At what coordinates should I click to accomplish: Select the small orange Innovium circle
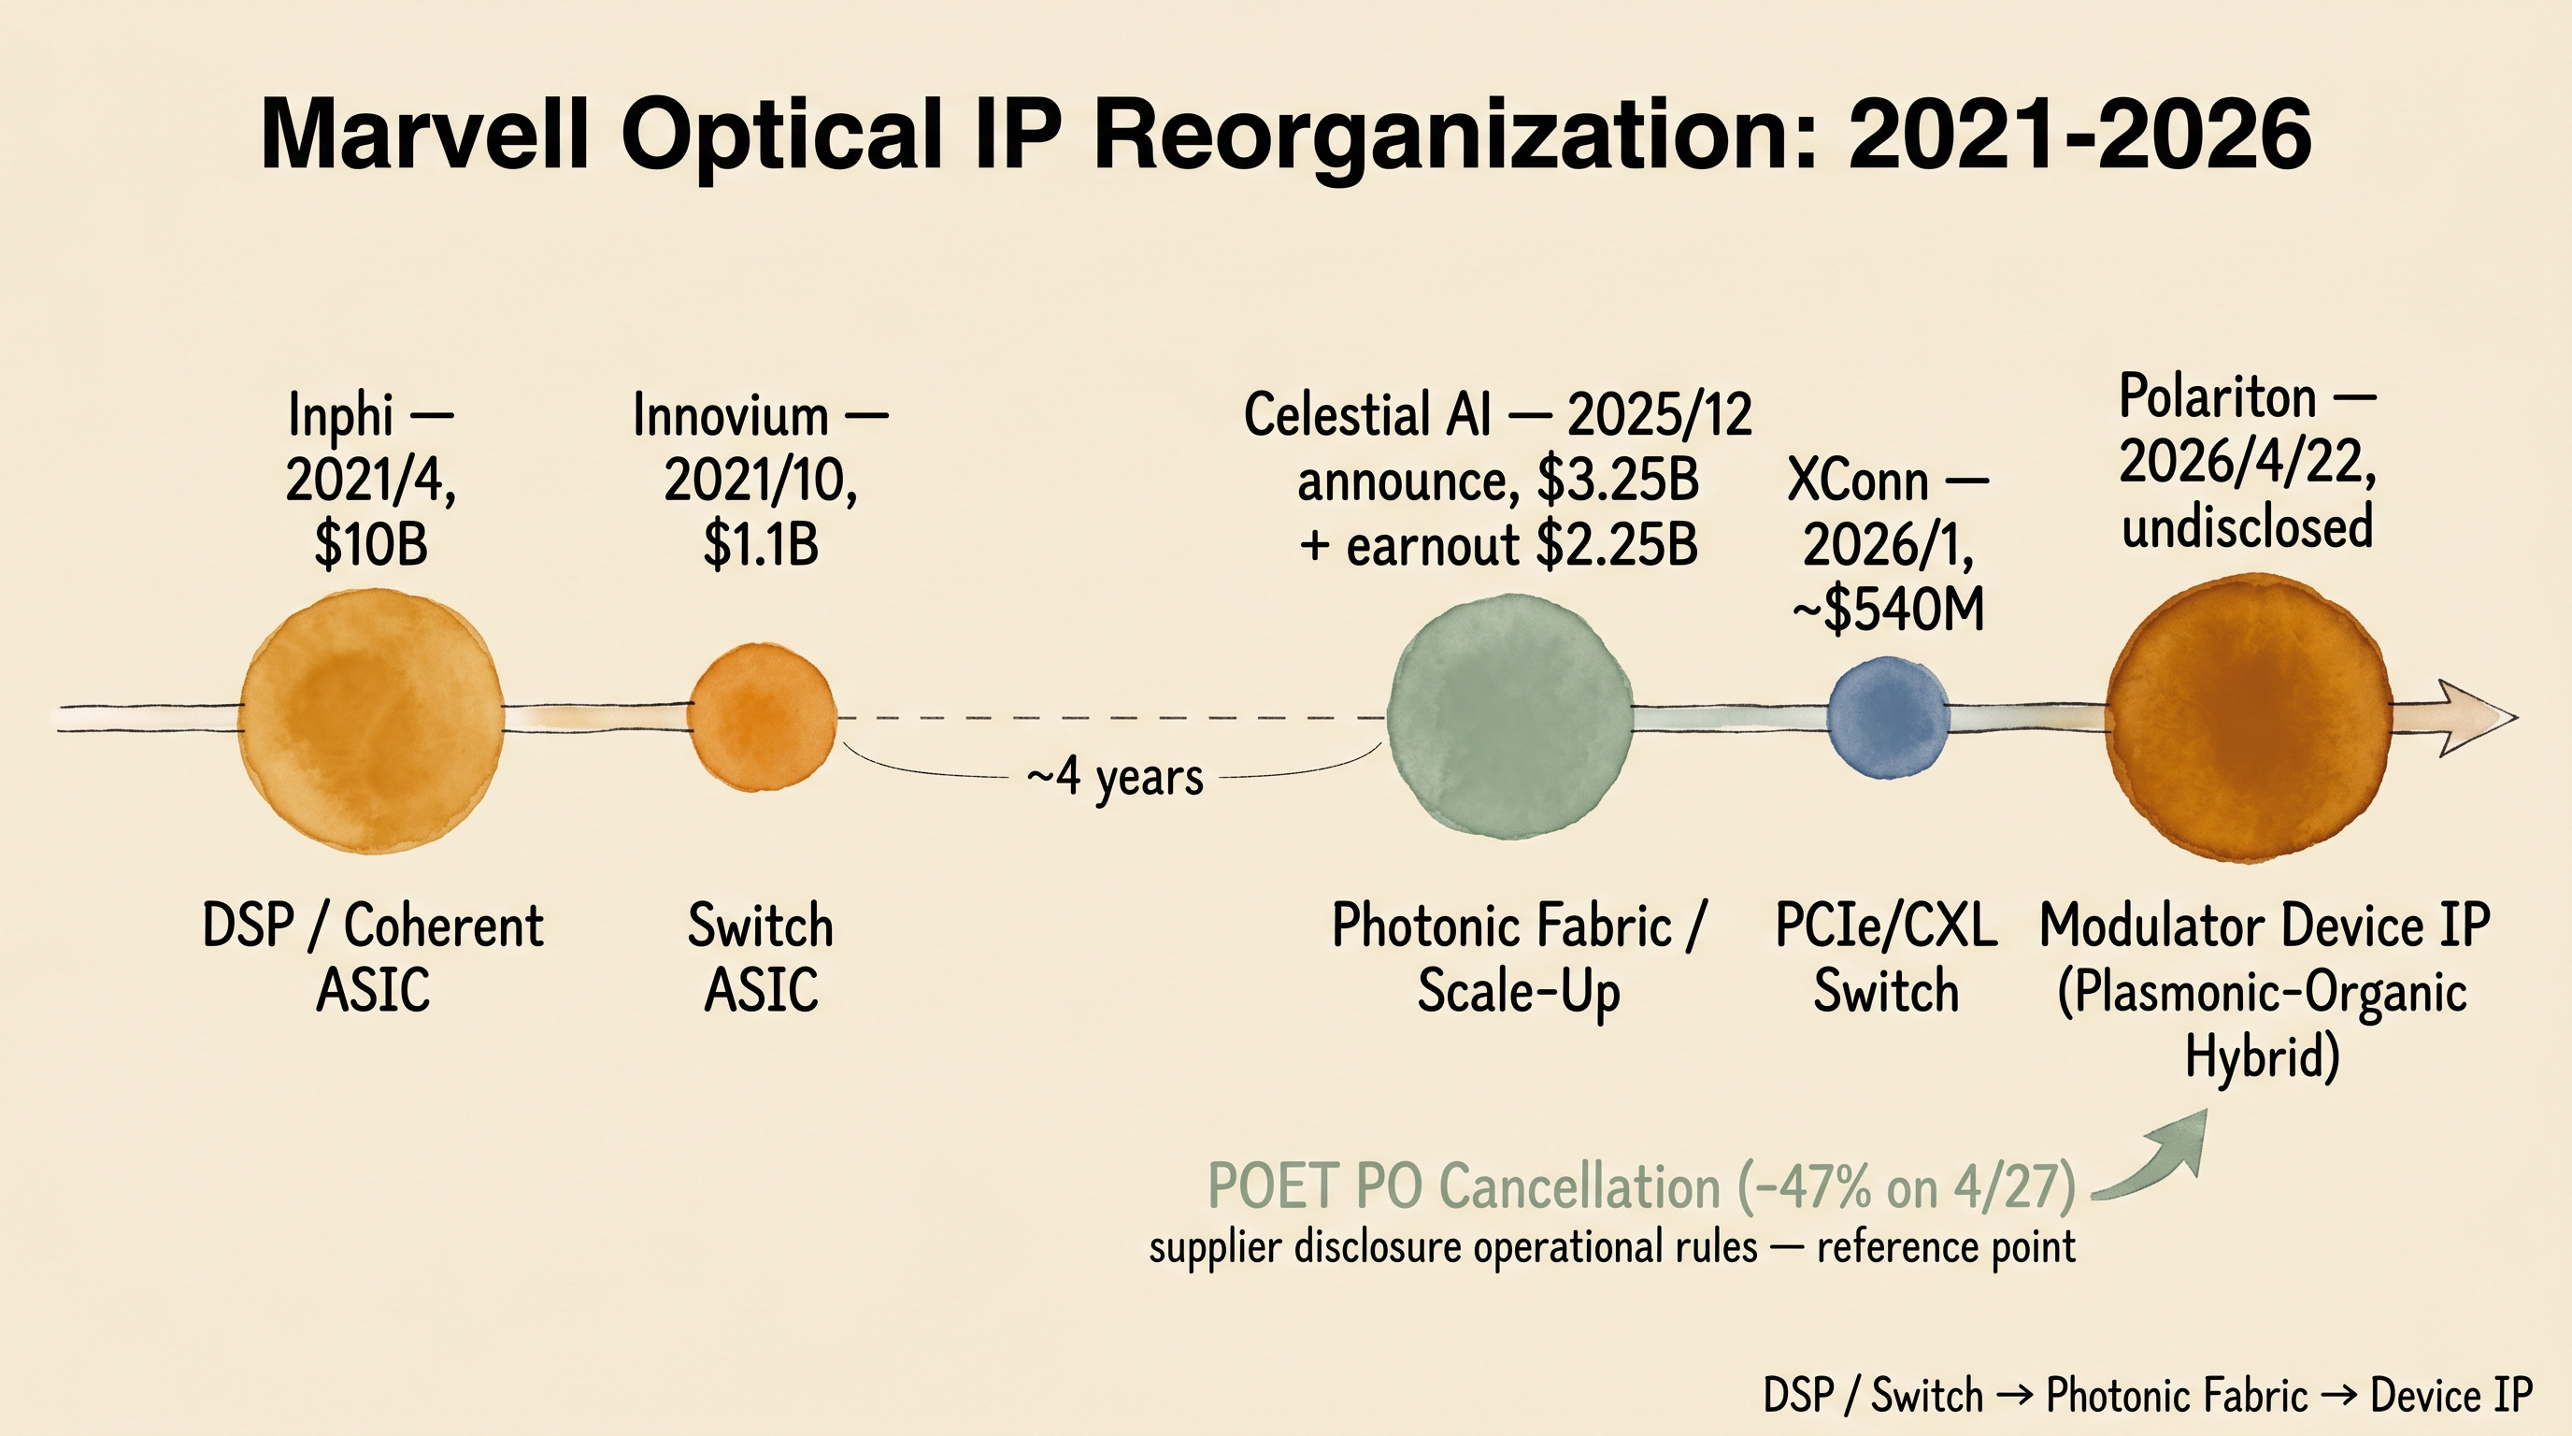pos(762,717)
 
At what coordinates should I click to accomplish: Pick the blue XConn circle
pos(1887,717)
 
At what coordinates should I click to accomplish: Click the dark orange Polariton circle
pos(2249,717)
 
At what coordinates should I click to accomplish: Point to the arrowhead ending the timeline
pos(2476,717)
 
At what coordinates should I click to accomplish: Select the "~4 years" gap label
pos(1115,777)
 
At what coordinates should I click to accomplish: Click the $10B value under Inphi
pos(370,545)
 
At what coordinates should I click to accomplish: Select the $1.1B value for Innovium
pos(761,545)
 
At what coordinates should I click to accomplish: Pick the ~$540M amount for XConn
pos(1888,610)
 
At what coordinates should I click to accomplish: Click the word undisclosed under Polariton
pos(2248,526)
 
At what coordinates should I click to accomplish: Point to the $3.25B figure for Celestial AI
pos(1618,481)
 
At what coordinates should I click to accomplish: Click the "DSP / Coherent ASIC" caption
pos(372,957)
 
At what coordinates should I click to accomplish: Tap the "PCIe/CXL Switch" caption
pos(1886,957)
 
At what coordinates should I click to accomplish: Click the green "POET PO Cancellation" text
pos(1465,1186)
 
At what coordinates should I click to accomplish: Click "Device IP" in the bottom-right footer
pos(2451,1395)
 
